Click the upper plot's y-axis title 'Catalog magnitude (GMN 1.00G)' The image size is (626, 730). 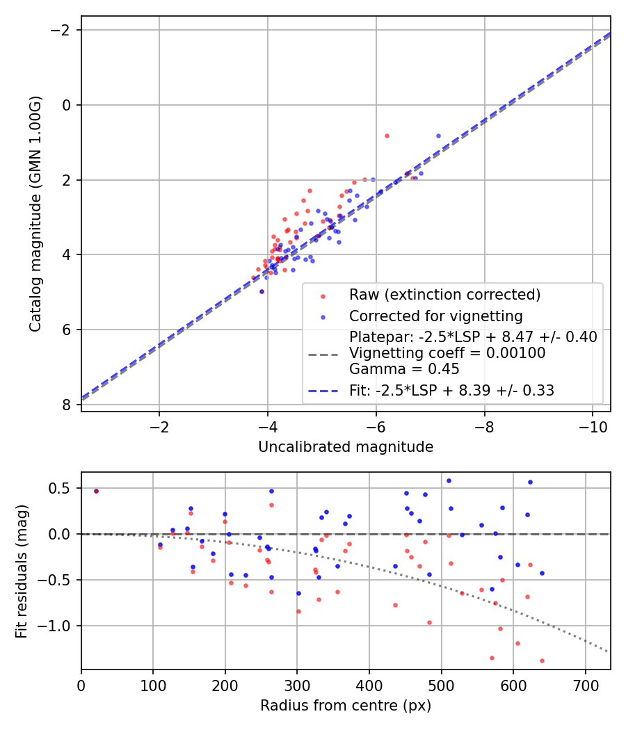tap(35, 214)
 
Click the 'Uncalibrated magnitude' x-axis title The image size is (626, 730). tap(346, 447)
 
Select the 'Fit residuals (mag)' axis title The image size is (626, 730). tap(22, 571)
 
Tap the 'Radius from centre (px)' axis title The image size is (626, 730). tap(346, 706)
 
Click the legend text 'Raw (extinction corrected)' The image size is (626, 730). tap(444, 295)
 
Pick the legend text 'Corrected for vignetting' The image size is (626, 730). tap(435, 316)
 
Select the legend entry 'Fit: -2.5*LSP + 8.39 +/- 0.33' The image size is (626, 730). tap(451, 391)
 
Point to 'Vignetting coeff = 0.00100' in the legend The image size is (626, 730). tap(447, 353)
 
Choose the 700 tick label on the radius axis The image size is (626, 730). tap(585, 685)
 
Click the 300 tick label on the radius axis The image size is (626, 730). tap(297, 685)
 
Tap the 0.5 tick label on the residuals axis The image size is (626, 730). tap(61, 488)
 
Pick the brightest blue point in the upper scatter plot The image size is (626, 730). tap(438, 136)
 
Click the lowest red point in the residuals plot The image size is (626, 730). tap(542, 660)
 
